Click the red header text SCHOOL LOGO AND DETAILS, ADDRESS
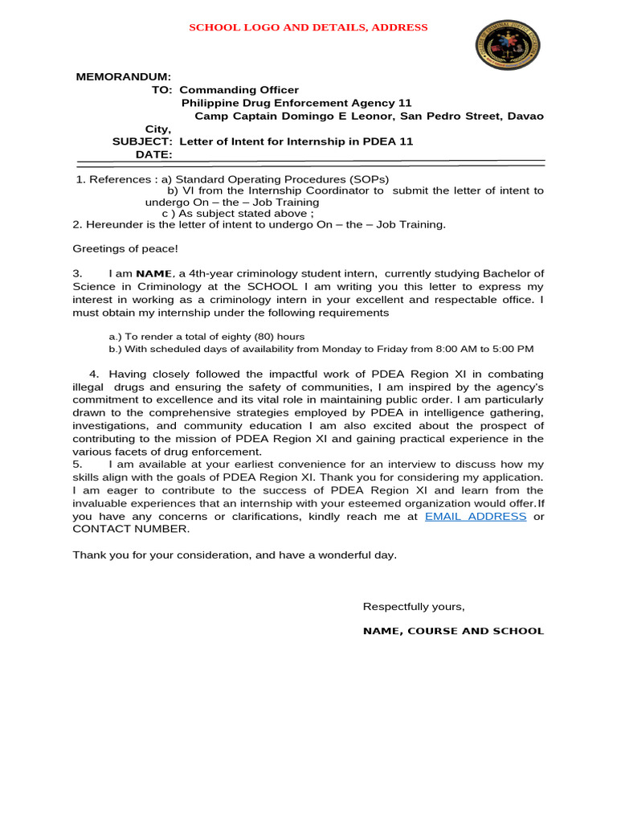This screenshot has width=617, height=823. tap(308, 27)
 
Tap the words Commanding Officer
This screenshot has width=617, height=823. tap(239, 90)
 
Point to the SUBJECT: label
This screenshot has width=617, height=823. tap(142, 141)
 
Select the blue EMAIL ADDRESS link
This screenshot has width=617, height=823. tap(476, 516)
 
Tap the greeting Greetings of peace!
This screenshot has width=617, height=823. tap(125, 249)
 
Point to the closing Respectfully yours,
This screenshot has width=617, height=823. tap(414, 606)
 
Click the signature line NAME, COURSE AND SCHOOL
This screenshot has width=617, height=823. tap(453, 631)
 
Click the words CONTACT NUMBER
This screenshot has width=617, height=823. tap(131, 529)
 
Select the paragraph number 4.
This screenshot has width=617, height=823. tap(93, 375)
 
